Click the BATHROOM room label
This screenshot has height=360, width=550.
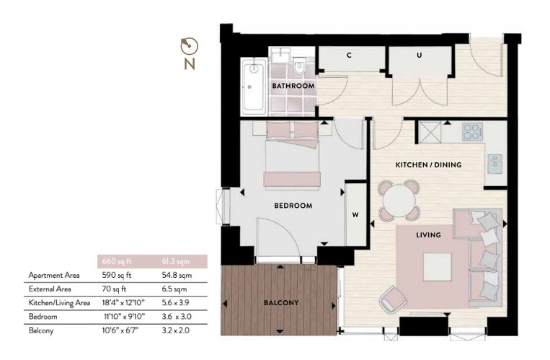(x=293, y=86)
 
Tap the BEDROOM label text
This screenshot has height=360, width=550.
(x=293, y=206)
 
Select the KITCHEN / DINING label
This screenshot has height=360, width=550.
(x=428, y=164)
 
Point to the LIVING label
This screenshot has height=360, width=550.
(x=428, y=235)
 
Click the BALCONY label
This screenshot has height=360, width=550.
(x=281, y=302)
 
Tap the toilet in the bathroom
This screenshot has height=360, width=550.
(x=299, y=66)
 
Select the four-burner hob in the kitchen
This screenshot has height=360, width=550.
(x=472, y=132)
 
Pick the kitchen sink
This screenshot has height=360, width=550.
(x=495, y=164)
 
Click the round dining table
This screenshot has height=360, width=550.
(x=399, y=201)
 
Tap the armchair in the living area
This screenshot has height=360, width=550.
(x=393, y=299)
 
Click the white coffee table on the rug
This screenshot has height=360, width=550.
(x=437, y=267)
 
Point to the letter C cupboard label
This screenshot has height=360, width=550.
(x=349, y=55)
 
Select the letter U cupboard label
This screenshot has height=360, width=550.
(x=419, y=55)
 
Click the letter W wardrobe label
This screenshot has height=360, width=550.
(x=355, y=214)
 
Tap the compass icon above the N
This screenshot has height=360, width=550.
(x=190, y=46)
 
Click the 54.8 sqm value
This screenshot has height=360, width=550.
(x=177, y=276)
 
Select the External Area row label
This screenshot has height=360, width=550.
(x=50, y=289)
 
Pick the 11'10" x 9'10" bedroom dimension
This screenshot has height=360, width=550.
(x=125, y=317)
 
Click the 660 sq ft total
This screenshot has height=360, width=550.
(x=117, y=261)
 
